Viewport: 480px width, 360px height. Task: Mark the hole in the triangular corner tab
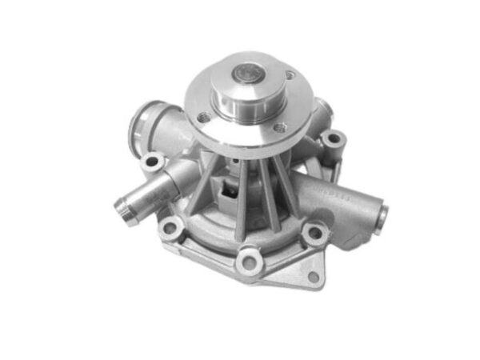coord(313,277)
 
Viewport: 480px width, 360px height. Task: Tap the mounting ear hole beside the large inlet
coord(152,162)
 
